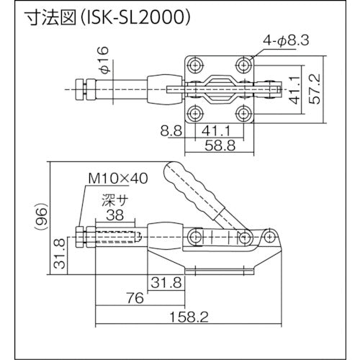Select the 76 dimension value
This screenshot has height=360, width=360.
coord(135,297)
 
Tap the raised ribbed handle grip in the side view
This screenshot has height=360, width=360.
coord(190,188)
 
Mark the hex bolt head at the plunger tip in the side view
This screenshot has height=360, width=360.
coord(81,236)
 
